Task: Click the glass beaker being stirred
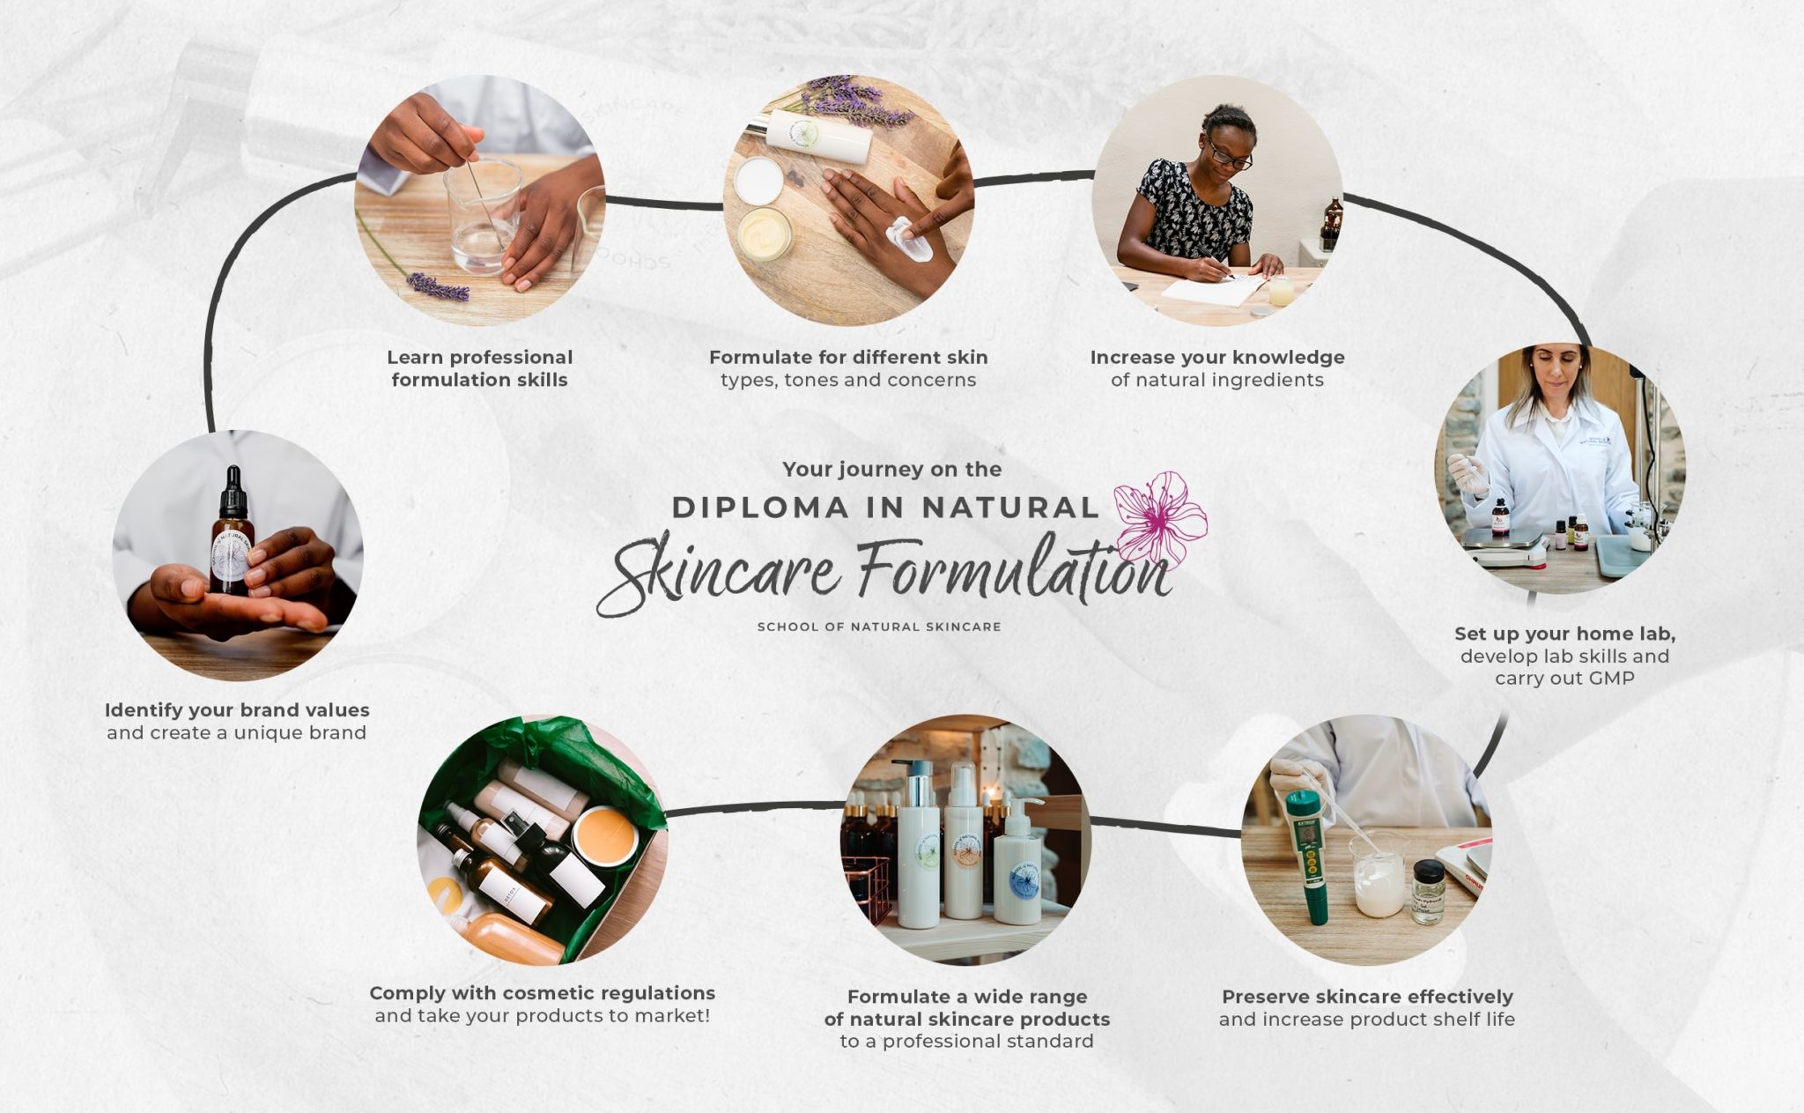click(x=482, y=216)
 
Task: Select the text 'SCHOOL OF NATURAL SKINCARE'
click(x=879, y=627)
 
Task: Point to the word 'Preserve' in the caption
click(x=1265, y=997)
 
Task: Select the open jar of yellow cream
click(x=764, y=234)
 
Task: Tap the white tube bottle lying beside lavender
click(x=818, y=137)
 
